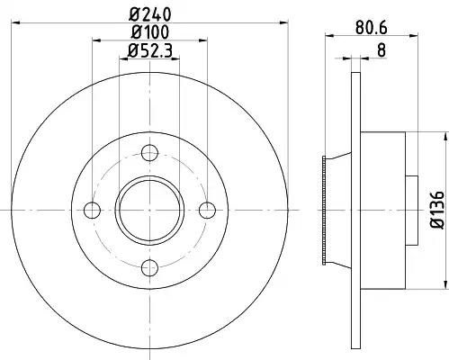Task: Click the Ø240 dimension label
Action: [x=150, y=13]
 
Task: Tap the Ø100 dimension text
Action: [x=150, y=32]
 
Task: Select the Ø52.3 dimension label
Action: [x=150, y=50]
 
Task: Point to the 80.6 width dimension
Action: [x=372, y=28]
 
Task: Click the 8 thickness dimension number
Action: [x=382, y=50]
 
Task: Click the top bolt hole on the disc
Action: [x=149, y=152]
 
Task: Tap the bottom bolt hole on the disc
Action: [x=149, y=267]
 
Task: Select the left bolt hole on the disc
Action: [x=92, y=210]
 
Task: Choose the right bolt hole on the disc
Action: [x=208, y=210]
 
